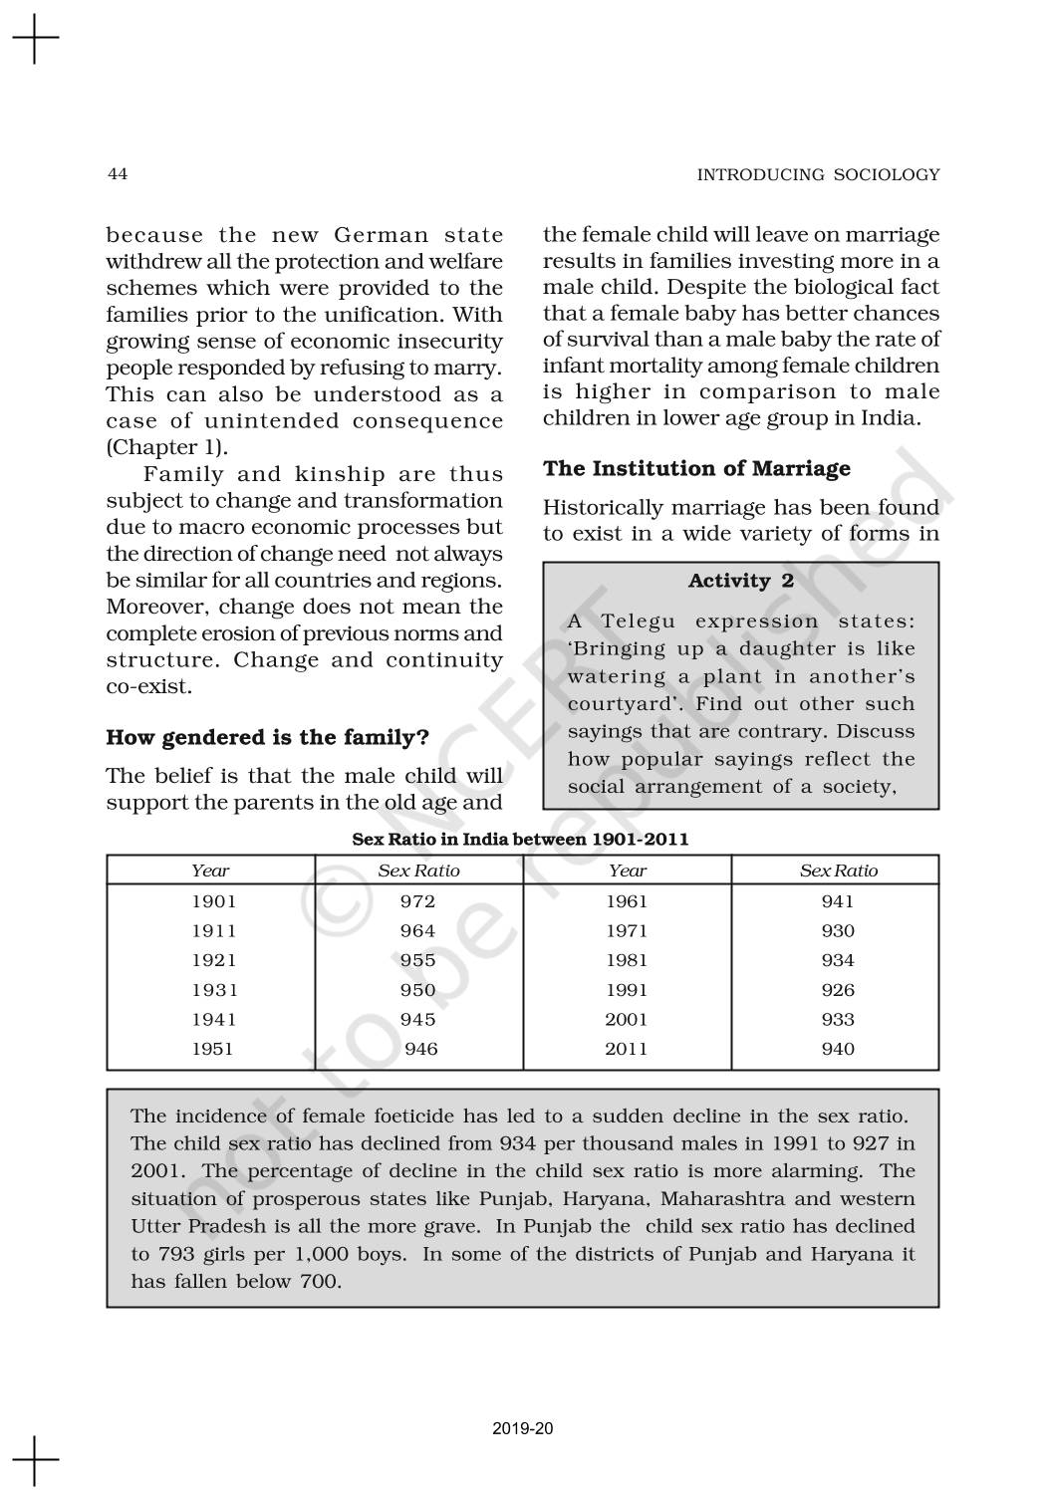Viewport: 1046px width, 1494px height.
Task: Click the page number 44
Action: tap(117, 174)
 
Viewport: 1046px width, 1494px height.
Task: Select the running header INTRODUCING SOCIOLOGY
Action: tap(818, 174)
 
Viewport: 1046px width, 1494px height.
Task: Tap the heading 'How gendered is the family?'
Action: tap(268, 738)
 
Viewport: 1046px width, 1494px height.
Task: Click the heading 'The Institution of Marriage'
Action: tap(696, 468)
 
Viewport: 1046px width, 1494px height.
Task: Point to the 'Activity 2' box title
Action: tap(741, 581)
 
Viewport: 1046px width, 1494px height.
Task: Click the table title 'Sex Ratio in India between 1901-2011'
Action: tap(520, 839)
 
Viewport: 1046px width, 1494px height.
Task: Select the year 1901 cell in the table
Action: tap(214, 901)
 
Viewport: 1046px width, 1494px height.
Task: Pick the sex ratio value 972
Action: tap(417, 901)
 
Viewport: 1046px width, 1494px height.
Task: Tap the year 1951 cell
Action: tap(212, 1049)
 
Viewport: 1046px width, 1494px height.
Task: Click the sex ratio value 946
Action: tap(421, 1049)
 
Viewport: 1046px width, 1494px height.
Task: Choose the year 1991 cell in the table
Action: tap(627, 990)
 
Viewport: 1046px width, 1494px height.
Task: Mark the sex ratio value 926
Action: tap(838, 990)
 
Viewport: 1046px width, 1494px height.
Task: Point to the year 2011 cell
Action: tap(627, 1049)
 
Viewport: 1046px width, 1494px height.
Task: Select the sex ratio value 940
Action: tap(838, 1049)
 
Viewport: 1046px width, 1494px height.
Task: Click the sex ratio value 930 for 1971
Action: tap(838, 931)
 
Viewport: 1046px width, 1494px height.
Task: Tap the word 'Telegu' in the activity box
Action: tap(639, 622)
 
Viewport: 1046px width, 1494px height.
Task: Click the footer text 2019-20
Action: tap(523, 1428)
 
